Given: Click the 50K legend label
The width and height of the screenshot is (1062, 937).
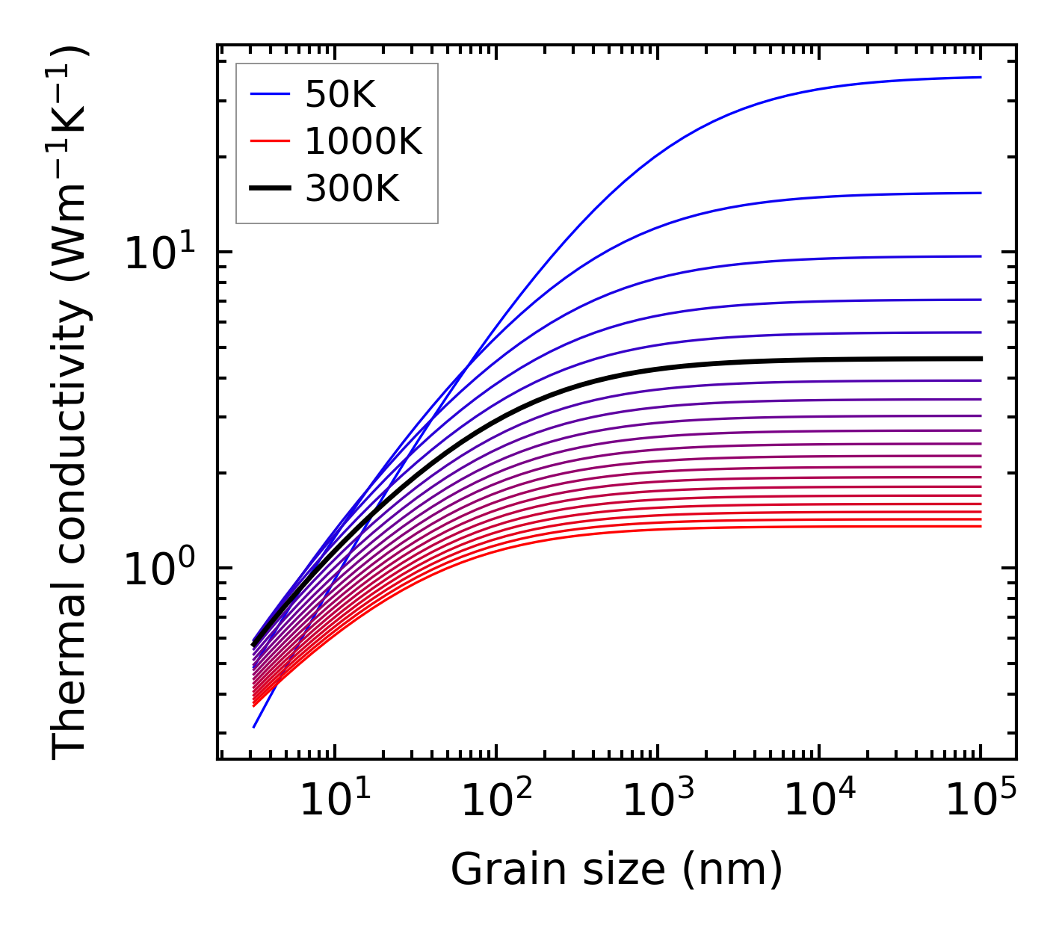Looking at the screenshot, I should click(x=340, y=94).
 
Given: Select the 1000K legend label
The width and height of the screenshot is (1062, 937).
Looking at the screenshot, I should click(x=363, y=141).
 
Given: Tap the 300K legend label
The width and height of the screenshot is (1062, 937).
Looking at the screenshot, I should click(x=352, y=189).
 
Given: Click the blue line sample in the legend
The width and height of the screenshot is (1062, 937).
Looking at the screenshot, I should click(x=269, y=94).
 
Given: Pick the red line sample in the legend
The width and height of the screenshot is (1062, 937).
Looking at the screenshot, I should click(x=269, y=141).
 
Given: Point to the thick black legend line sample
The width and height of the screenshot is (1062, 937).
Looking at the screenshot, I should click(x=269, y=189).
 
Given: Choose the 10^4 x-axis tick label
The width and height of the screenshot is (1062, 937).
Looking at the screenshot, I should click(x=818, y=803).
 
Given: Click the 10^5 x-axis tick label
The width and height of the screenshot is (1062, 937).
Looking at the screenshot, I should click(x=980, y=803).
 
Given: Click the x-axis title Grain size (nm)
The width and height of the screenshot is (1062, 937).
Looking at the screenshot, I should click(x=617, y=870).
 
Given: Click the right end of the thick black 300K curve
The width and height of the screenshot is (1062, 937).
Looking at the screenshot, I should click(x=980, y=359).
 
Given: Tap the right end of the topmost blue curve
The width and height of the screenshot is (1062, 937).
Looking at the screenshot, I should click(x=980, y=77).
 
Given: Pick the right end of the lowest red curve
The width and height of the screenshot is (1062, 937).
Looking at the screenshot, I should click(x=980, y=527).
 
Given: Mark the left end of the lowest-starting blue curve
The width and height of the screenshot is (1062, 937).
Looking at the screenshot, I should click(x=254, y=727).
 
